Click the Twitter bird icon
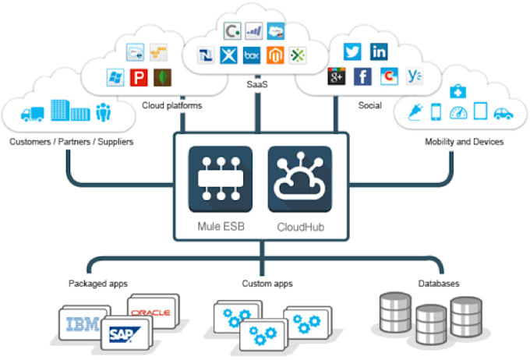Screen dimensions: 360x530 pos(352,52)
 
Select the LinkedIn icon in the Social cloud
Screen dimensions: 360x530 pos(379,52)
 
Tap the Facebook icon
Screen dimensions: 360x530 pos(362,76)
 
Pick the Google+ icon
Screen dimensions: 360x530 pos(336,76)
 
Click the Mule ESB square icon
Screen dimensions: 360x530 pos(221,179)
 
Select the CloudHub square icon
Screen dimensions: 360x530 pos(300,179)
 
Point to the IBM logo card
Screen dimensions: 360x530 pos(82,324)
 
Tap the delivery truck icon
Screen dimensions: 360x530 pos(34,114)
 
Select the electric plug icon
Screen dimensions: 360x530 pos(413,113)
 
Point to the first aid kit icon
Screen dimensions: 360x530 pos(458,92)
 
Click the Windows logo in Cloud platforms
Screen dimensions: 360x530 pos(116,78)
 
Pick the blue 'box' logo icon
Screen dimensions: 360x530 pos(251,57)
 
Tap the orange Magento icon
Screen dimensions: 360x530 pos(274,57)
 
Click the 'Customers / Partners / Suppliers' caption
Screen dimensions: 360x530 pos(71,142)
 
